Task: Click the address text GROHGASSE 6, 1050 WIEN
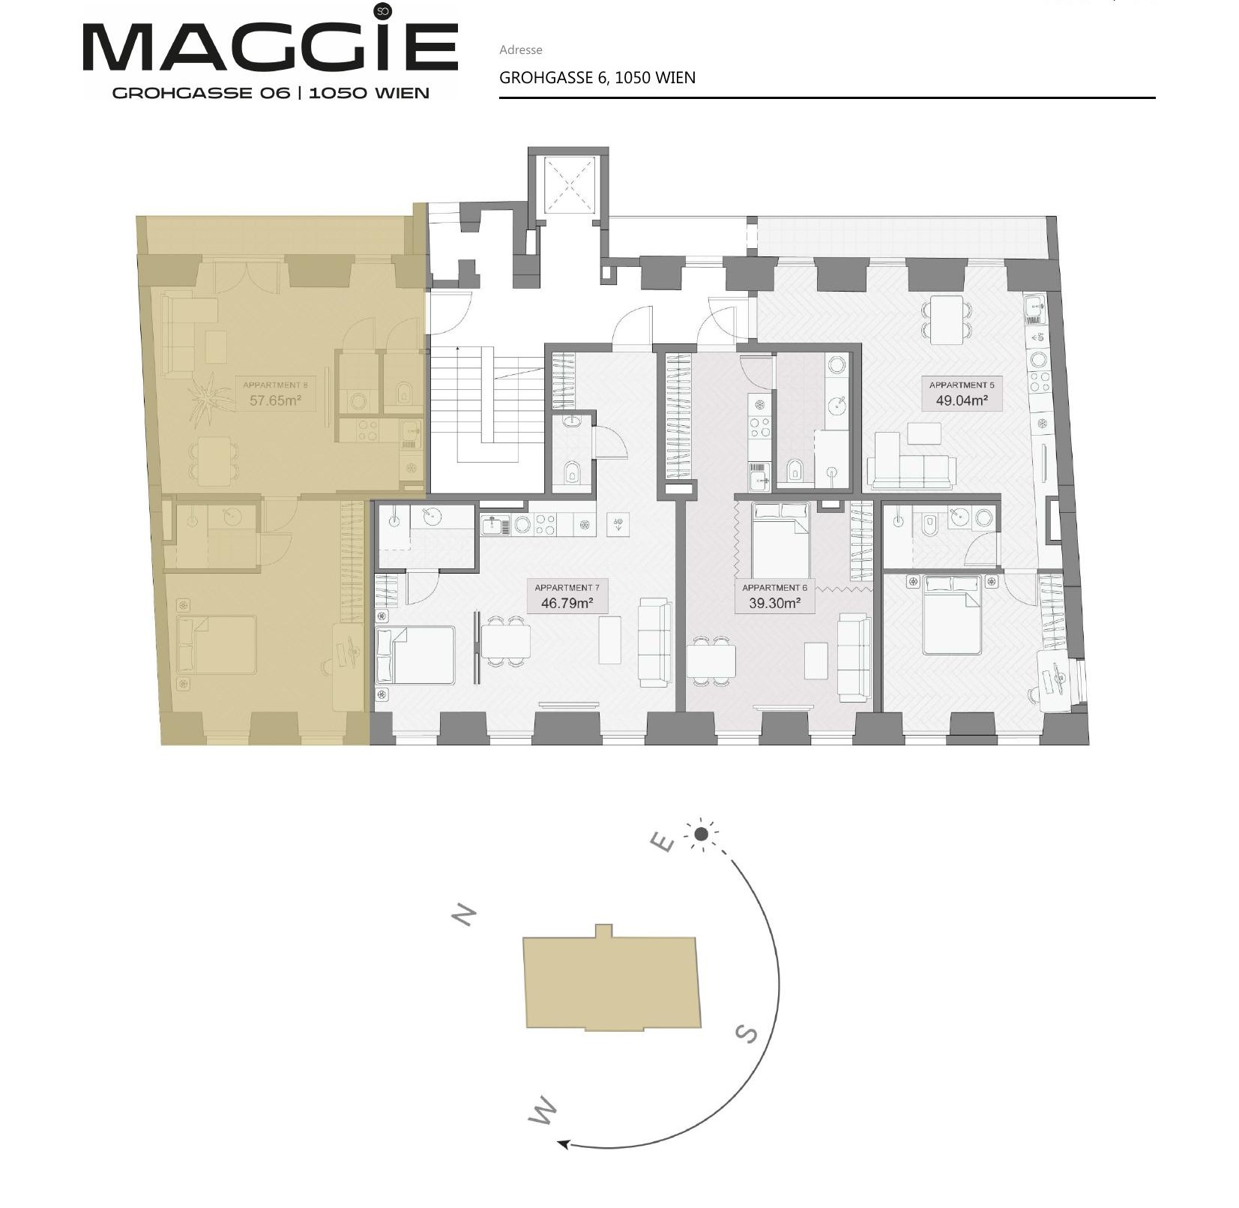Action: point(597,78)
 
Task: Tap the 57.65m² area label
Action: point(275,400)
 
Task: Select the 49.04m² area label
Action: point(962,400)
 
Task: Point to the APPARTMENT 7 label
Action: point(567,588)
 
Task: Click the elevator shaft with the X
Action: point(567,184)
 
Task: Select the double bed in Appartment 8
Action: point(217,645)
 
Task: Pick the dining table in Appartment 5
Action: point(947,320)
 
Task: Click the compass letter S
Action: point(746,1034)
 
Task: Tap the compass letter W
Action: point(543,1111)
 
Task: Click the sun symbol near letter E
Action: point(702,834)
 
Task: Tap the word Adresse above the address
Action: point(520,50)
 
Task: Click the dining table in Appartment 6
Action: point(711,661)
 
